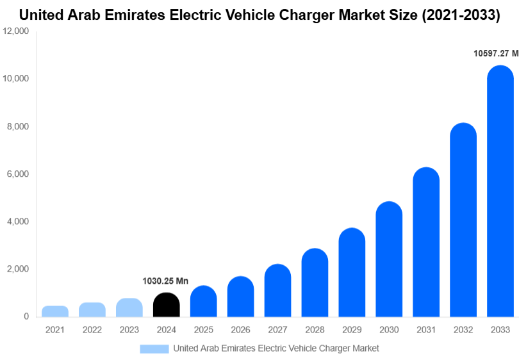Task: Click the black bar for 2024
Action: pos(167,305)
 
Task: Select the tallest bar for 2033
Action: pos(500,192)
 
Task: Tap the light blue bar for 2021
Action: pos(55,311)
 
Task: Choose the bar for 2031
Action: pos(426,243)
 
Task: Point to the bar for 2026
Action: pos(241,297)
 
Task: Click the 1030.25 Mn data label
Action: pos(165,281)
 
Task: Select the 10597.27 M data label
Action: pos(495,54)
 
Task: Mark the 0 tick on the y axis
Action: pos(26,316)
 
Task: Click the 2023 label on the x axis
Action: pos(129,330)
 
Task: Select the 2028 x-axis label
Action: pos(315,330)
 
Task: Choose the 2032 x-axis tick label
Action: pos(463,330)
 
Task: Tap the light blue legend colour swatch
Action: pos(154,348)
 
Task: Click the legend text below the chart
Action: pos(276,348)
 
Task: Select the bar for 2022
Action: pos(92,310)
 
